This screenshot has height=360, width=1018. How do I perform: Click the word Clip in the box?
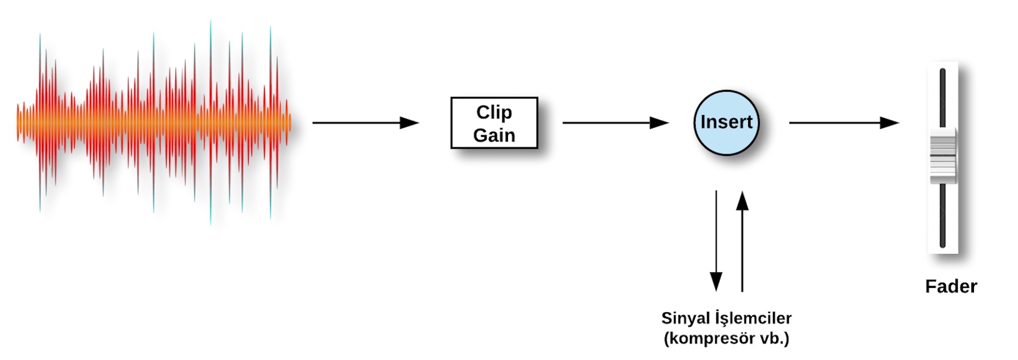click(x=494, y=112)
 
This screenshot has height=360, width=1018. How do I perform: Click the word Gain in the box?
click(x=494, y=136)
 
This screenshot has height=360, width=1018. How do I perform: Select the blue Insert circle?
click(x=726, y=122)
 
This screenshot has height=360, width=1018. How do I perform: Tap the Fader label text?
click(x=951, y=286)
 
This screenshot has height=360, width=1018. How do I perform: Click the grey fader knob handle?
click(x=943, y=155)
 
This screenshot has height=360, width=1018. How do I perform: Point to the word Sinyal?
click(x=686, y=318)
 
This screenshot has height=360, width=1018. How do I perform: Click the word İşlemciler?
click(x=753, y=318)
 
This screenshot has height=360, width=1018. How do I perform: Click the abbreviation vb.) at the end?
click(x=775, y=338)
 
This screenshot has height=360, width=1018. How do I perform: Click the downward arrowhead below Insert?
click(x=716, y=281)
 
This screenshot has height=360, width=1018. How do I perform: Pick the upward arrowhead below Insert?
click(x=742, y=201)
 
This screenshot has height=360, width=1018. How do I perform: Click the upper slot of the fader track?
click(x=943, y=98)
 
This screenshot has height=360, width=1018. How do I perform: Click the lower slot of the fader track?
click(x=943, y=215)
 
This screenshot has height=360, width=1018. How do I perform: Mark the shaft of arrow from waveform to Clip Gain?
click(x=355, y=123)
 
